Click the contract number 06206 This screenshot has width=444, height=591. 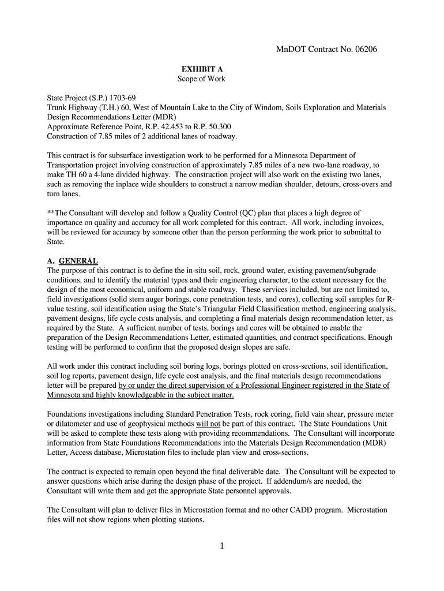click(362, 50)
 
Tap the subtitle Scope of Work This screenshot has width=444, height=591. click(202, 79)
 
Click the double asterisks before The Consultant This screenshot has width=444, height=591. click(50, 213)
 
